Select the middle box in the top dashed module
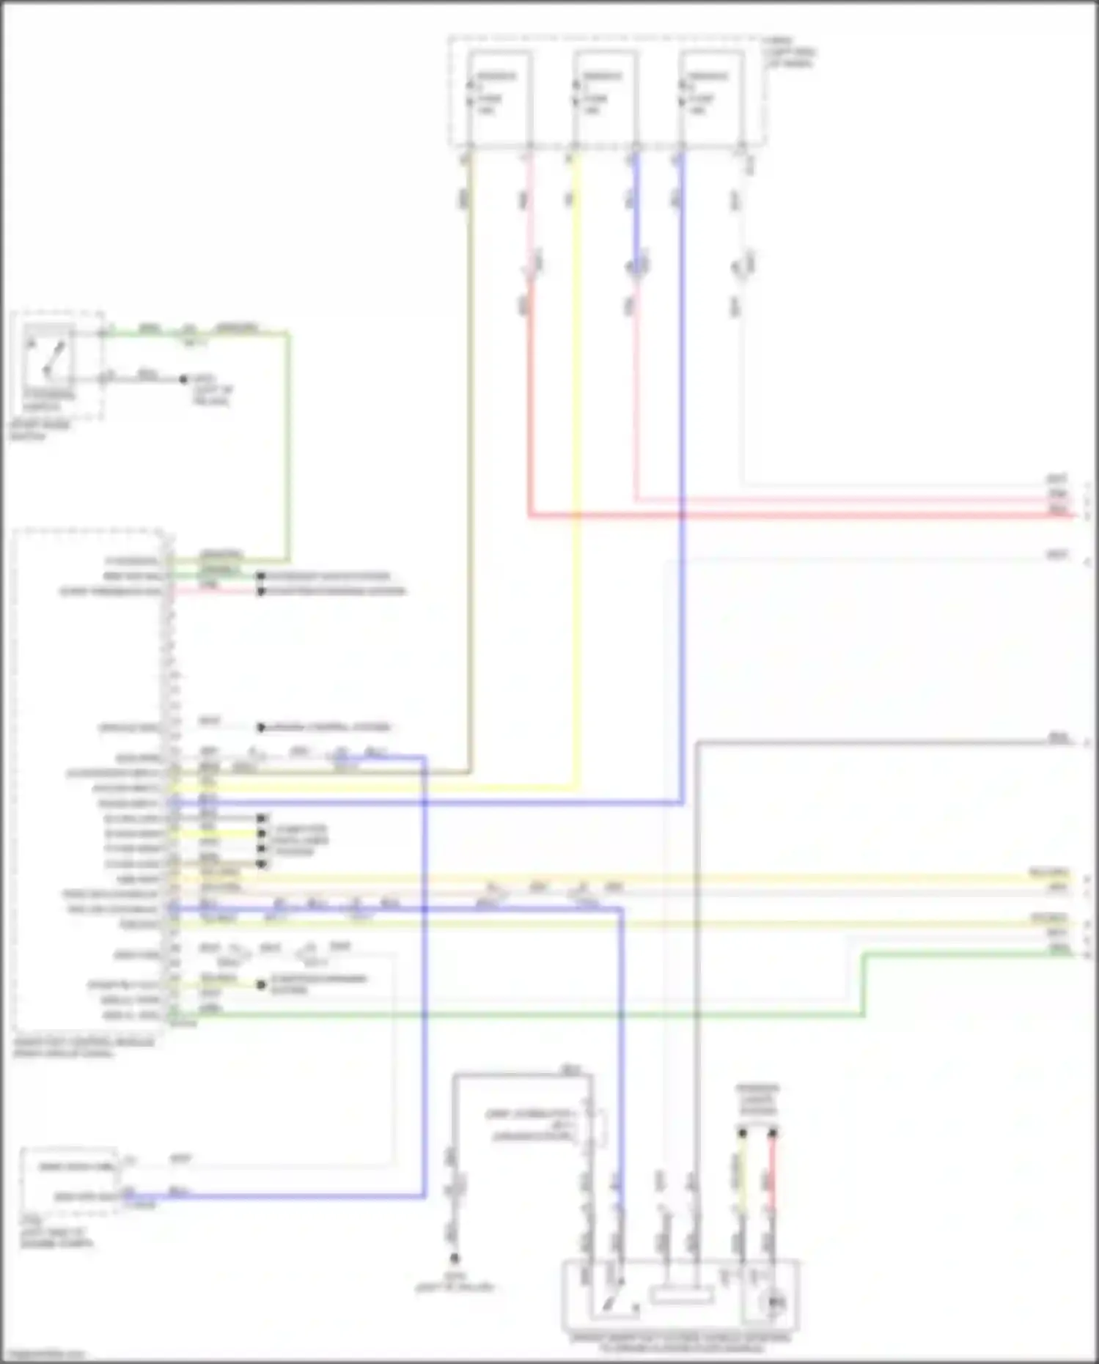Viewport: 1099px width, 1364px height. point(605,95)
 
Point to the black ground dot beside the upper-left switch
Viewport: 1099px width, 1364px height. point(184,379)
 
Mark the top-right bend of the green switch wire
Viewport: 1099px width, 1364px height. point(288,333)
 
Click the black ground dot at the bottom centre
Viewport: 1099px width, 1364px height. point(454,1258)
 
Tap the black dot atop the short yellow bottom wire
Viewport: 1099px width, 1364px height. point(742,1133)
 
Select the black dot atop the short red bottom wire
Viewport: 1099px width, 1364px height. point(771,1133)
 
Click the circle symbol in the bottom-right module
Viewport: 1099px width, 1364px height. point(774,1302)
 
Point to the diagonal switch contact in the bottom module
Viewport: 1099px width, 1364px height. point(610,1301)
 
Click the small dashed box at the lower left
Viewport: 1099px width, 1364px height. point(69,1180)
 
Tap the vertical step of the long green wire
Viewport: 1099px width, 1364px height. point(863,984)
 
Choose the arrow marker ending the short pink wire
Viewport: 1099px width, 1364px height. point(260,591)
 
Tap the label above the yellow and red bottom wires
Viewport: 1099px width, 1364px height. point(758,1100)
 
